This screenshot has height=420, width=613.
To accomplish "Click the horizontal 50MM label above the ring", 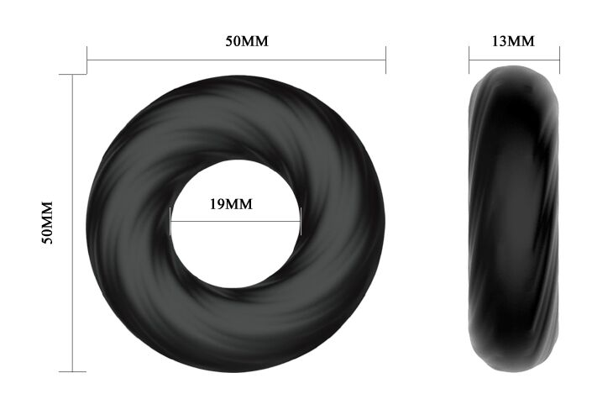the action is coord(247,41).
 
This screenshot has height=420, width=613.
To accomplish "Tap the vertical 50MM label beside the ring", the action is coord(47,223).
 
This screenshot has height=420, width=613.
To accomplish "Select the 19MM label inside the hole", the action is coord(231,204).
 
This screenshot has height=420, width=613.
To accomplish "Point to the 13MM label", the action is coord(513,41).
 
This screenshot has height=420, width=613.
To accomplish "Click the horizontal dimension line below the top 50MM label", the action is coord(236,60).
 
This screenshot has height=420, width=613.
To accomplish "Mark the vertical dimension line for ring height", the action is coord(73,223).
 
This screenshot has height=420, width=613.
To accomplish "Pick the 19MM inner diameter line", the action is coord(236,222).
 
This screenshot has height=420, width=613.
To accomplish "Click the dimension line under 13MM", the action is coord(515,60).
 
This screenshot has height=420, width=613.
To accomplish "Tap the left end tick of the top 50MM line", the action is coord(86,60).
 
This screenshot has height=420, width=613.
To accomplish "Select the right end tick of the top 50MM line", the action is coord(386,60).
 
